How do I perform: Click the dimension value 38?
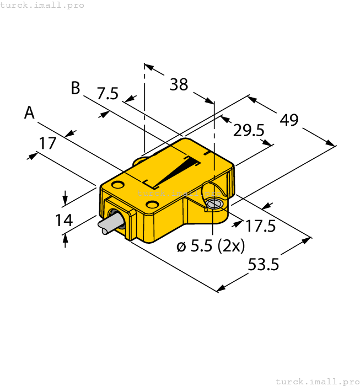[179, 85]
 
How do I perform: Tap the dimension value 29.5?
[249, 131]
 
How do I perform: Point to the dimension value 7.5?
[108, 94]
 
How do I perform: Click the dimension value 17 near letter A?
[47, 143]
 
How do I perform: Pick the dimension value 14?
[64, 220]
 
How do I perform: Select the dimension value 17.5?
[261, 226]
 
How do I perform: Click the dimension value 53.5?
[263, 265]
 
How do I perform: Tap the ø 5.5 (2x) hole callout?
[211, 246]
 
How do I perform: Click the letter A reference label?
[30, 114]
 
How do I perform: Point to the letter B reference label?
[76, 88]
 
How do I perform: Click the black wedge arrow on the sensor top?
[176, 171]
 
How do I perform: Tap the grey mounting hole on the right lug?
[214, 205]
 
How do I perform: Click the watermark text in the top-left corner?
[42, 5]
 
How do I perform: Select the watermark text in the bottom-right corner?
[317, 381]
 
